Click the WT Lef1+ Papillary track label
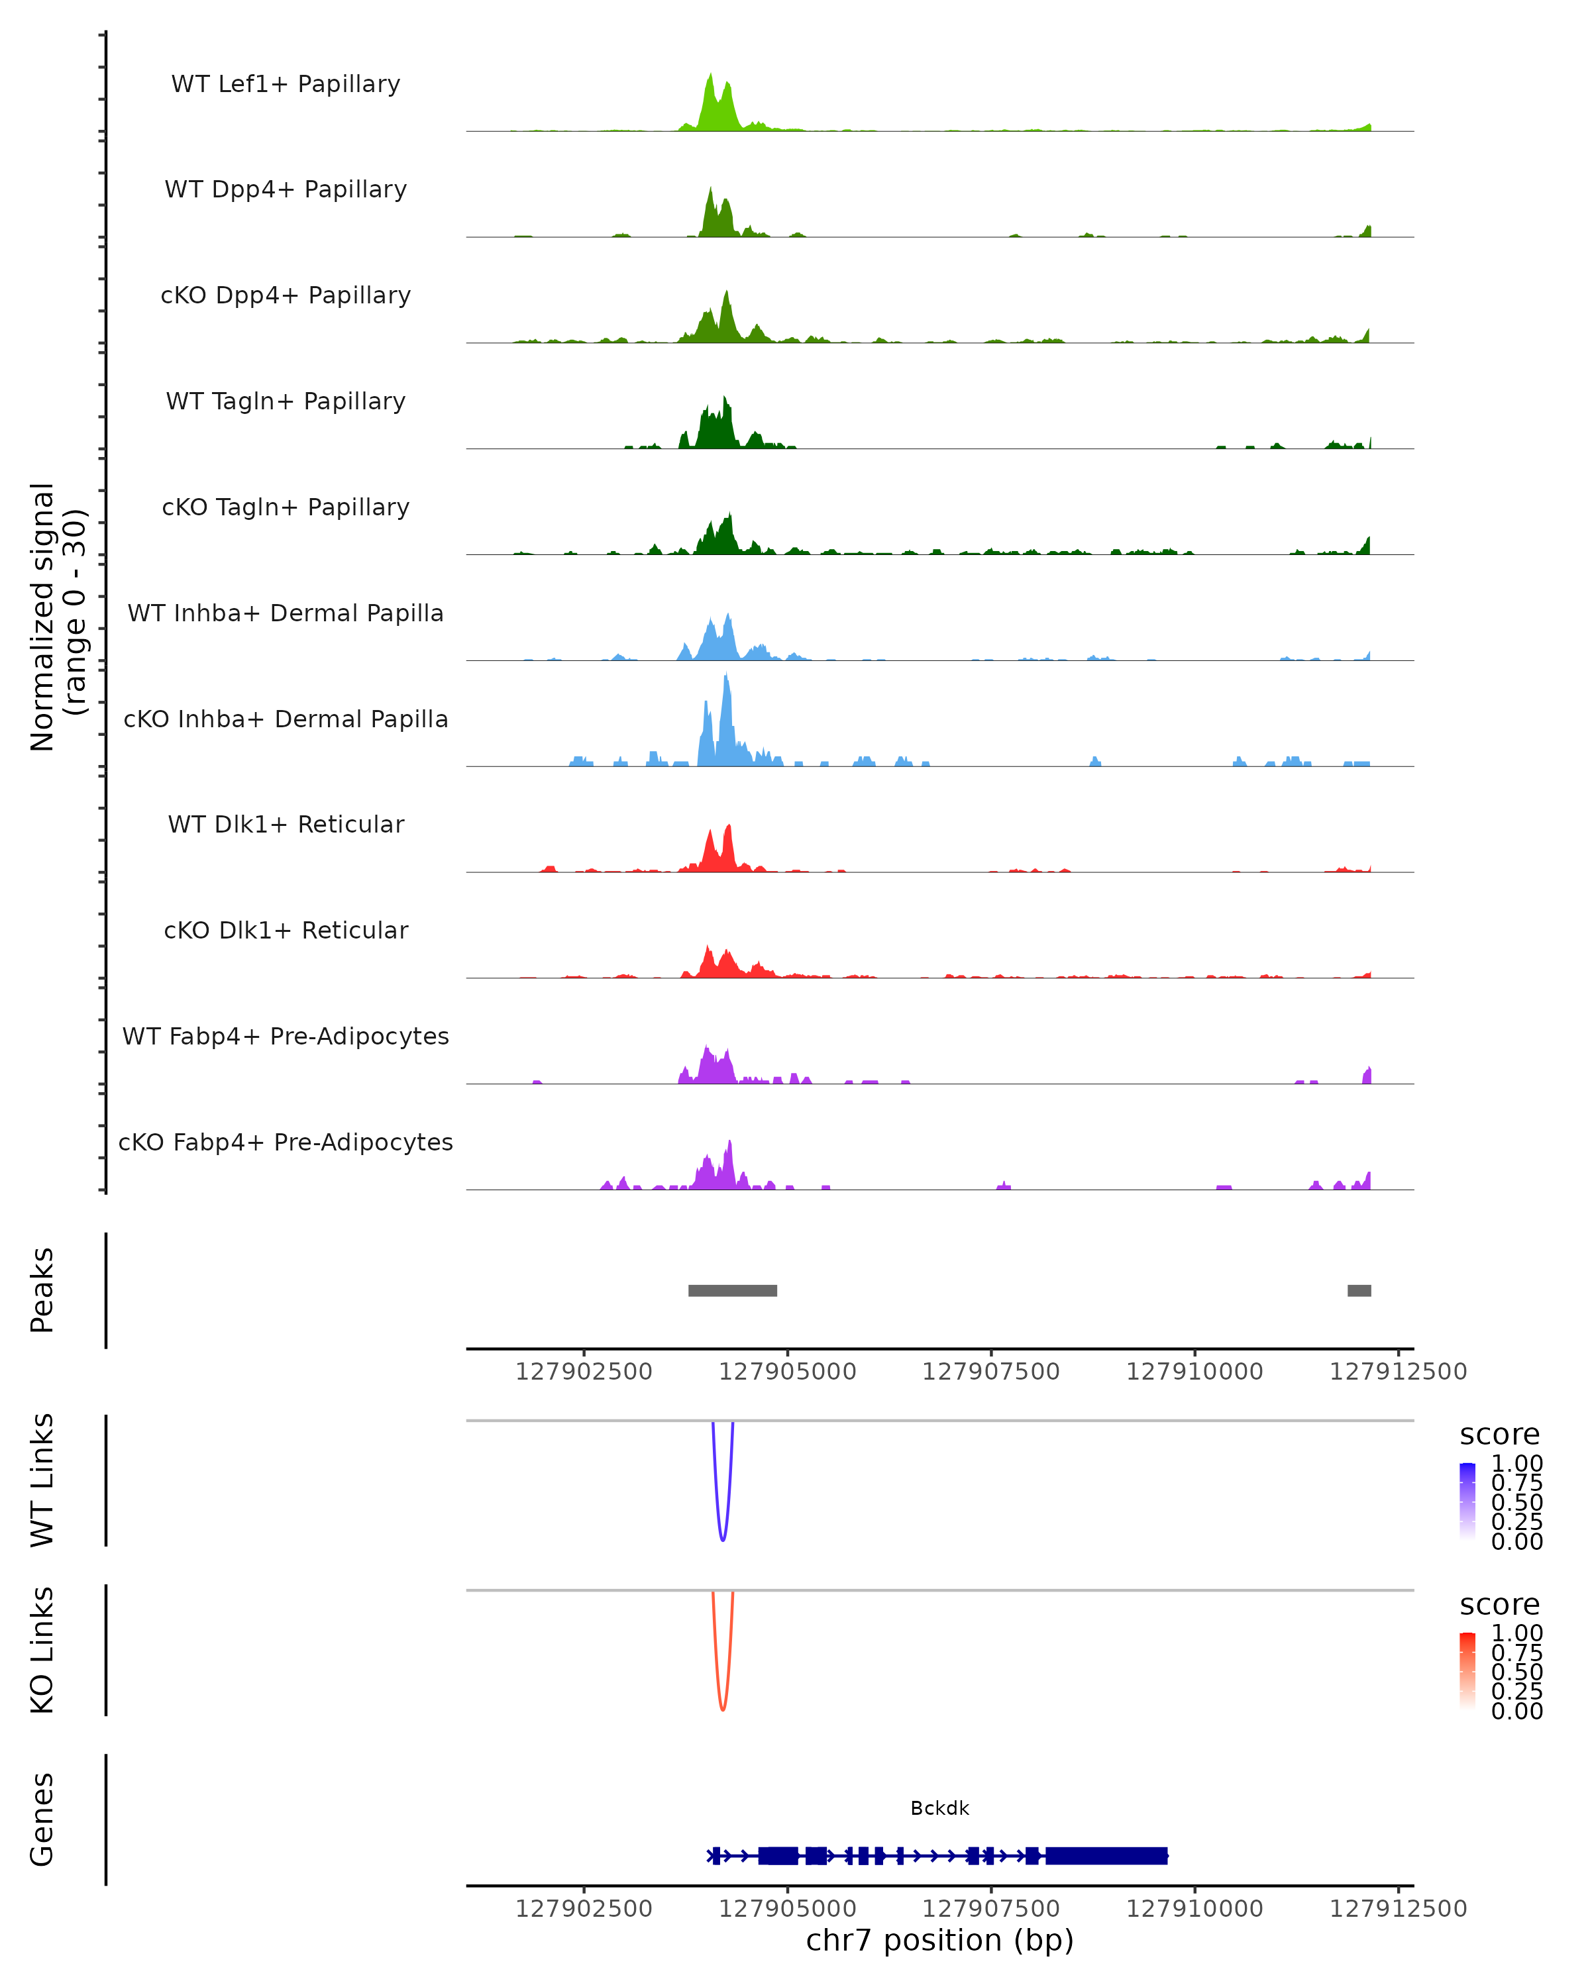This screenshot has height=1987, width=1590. pos(286,84)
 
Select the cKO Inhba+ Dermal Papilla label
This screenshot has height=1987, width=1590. pos(286,719)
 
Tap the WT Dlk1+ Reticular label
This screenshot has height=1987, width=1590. pos(286,824)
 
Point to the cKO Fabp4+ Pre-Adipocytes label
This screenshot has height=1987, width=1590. pos(286,1142)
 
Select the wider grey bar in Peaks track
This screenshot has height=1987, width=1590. pos(733,1290)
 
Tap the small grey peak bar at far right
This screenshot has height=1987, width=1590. pos(1359,1290)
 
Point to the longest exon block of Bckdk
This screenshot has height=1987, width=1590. pos(1106,1855)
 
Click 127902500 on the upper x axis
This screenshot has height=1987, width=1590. pos(584,1372)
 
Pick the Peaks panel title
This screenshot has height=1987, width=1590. pos(42,1290)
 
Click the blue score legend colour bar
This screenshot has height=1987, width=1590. pos(1467,1502)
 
